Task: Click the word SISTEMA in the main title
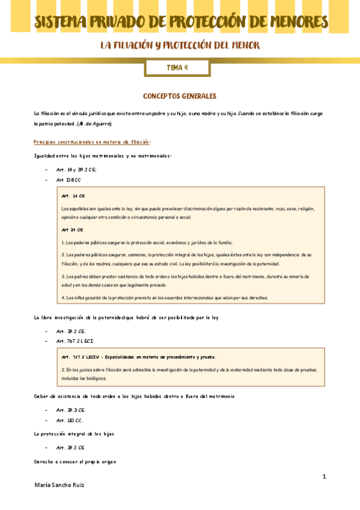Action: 62,23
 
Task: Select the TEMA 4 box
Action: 177,68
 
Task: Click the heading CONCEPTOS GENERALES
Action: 179,96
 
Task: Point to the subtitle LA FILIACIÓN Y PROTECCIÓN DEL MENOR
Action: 180,46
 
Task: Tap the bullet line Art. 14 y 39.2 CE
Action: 76,170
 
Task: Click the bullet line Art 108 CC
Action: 69,180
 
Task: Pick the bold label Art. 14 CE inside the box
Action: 74,196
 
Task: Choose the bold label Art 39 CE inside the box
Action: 72,230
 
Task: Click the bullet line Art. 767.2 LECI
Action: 75,341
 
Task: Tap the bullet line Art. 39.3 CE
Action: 71,410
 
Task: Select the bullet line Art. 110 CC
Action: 70,420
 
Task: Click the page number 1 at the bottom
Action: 324,477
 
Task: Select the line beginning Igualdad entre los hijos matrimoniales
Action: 103,156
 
